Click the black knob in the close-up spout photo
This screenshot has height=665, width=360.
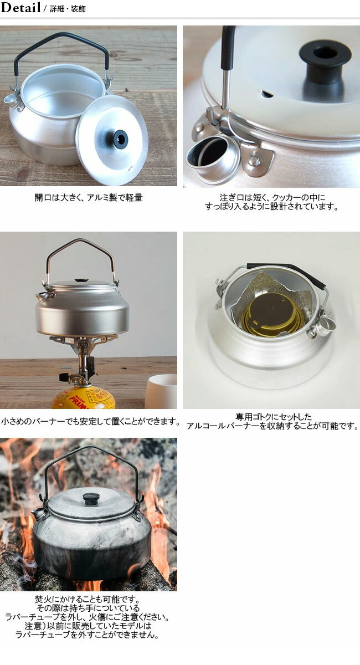pyautogui.click(x=325, y=55)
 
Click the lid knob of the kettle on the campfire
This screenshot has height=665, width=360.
pyautogui.click(x=91, y=498)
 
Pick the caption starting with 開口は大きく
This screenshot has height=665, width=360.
pyautogui.click(x=89, y=197)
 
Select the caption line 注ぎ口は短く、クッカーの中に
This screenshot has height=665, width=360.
pyautogui.click(x=271, y=197)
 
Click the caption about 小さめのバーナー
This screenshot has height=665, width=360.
pyautogui.click(x=90, y=421)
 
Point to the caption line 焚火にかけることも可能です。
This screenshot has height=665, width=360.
pyautogui.click(x=89, y=599)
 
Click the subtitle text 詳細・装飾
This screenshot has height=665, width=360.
pyautogui.click(x=67, y=9)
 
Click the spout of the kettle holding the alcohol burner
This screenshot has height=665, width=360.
pyautogui.click(x=327, y=323)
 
